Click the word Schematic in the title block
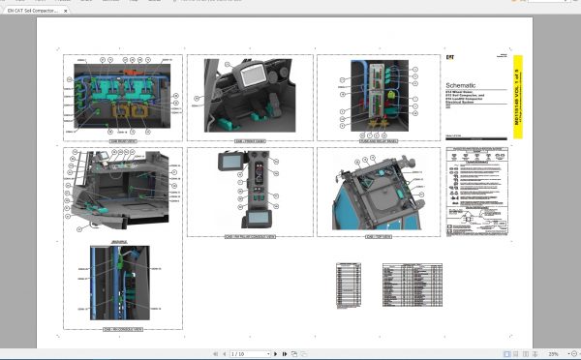pos(466,87)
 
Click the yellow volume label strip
pos(517,97)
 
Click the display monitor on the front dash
pos(250,77)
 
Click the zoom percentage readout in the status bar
pos(553,354)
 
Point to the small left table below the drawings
pos(349,285)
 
